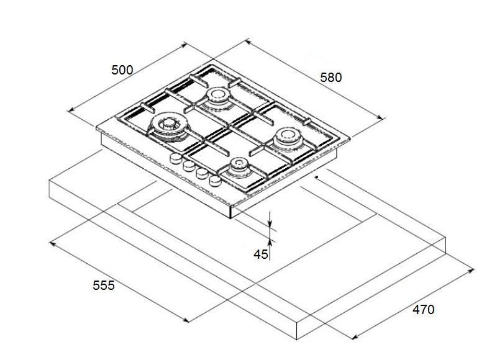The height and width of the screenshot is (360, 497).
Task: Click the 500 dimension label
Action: (x=122, y=70)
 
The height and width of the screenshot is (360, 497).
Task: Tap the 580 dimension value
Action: (x=331, y=78)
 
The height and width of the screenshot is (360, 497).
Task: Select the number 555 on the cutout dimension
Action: (x=104, y=286)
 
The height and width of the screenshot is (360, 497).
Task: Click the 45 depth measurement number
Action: (x=260, y=254)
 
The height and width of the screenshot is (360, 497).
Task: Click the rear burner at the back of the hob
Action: (x=217, y=95)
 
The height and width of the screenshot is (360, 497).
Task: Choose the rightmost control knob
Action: (x=215, y=181)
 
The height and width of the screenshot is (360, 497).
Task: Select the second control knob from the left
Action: (x=188, y=166)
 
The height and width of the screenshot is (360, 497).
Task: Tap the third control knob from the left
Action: (x=201, y=174)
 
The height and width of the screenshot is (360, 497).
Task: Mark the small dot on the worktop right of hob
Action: (x=317, y=178)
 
